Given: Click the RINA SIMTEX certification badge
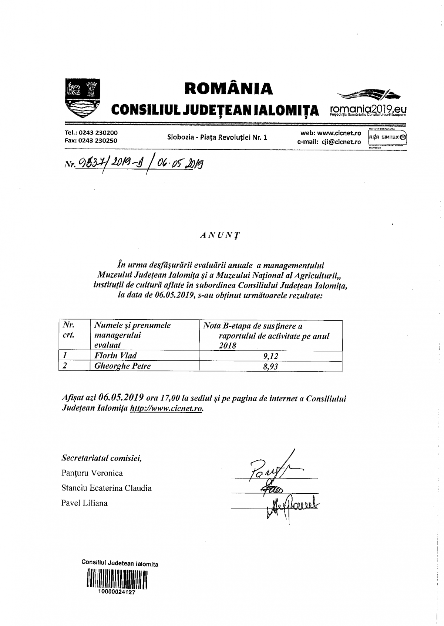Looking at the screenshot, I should tap(387, 137).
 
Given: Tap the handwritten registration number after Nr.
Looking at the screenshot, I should tap(140, 163).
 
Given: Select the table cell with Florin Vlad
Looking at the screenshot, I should tap(115, 355).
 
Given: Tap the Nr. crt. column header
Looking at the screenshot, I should tap(68, 330).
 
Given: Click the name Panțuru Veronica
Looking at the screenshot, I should tap(92, 473).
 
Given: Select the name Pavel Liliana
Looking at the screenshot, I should tap(84, 503).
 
